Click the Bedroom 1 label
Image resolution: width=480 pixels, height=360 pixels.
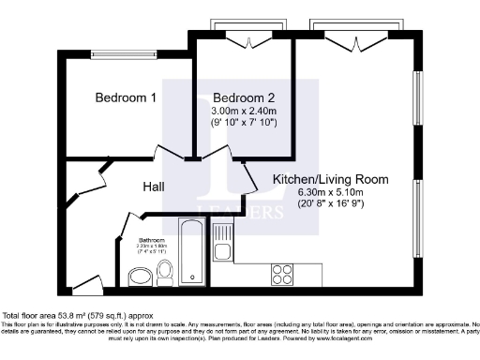click(x=126, y=97)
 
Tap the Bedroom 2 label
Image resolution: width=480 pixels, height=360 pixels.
click(x=243, y=97)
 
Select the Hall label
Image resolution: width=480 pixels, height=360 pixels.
click(x=154, y=187)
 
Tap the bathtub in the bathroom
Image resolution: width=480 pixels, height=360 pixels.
click(x=189, y=250)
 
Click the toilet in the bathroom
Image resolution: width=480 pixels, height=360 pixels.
click(x=165, y=272)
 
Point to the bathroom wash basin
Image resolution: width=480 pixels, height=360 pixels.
click(x=141, y=276)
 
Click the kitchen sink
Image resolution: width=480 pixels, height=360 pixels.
click(x=222, y=243)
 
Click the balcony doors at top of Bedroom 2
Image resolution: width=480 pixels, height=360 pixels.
click(x=242, y=40)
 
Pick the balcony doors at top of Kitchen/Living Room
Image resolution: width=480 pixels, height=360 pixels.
click(x=343, y=40)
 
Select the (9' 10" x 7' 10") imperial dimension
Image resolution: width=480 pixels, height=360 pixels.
click(x=243, y=122)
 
